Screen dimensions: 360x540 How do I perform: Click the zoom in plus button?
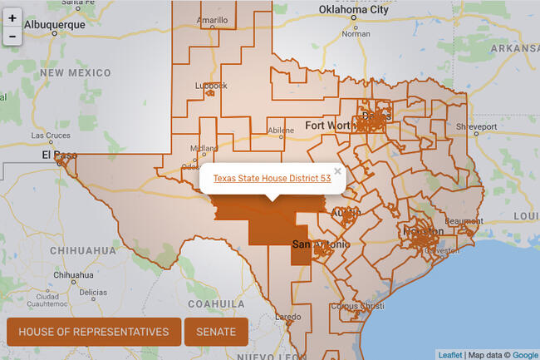pyautogui.click(x=12, y=17)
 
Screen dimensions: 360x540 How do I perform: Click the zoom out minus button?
pyautogui.click(x=12, y=37)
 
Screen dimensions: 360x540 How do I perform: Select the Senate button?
pyautogui.click(x=216, y=332)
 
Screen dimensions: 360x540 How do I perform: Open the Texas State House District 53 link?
pyautogui.click(x=272, y=178)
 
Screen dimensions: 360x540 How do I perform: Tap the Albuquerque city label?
pyautogui.click(x=55, y=25)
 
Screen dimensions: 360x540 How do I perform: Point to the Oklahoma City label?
pyautogui.click(x=353, y=10)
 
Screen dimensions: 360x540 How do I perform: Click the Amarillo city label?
pyautogui.click(x=212, y=20)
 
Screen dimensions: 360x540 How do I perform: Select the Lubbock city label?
pyautogui.click(x=211, y=86)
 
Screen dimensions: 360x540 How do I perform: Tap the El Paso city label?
pyautogui.click(x=58, y=155)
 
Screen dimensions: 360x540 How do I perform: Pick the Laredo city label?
pyautogui.click(x=288, y=317)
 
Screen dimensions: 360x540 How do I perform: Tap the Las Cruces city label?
pyautogui.click(x=50, y=136)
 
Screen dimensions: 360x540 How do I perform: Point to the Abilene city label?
pyautogui.click(x=280, y=131)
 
